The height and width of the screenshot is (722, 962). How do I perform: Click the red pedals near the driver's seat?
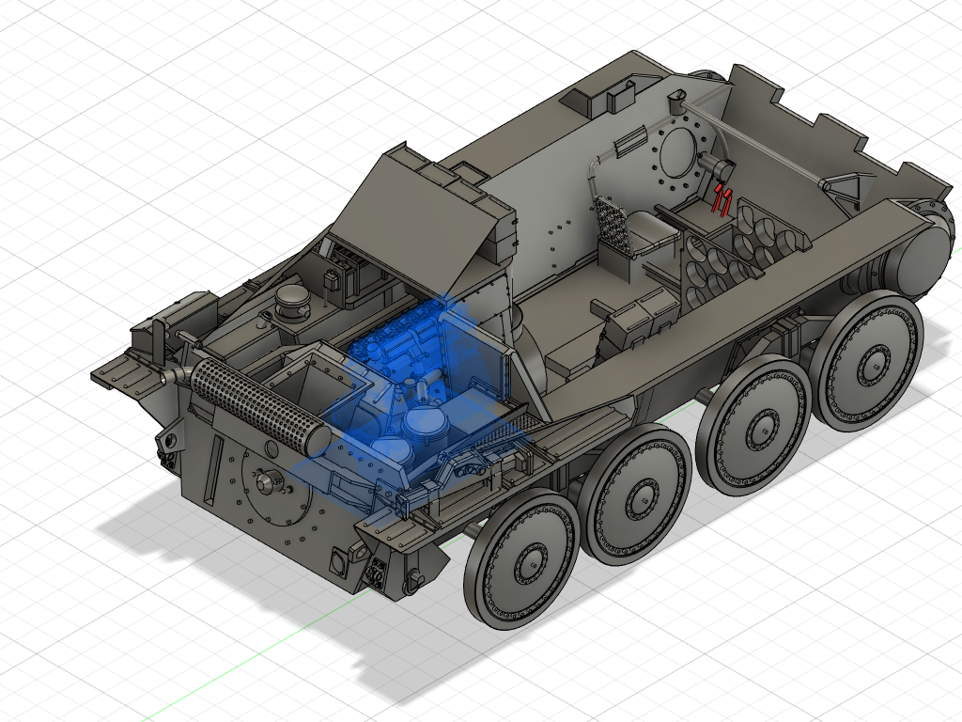[x=722, y=199]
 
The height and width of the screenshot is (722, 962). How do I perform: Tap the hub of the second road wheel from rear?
[x=638, y=494]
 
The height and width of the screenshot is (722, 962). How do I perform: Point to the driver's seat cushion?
[x=648, y=229]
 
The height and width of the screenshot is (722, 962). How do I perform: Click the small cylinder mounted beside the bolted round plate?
[x=718, y=170]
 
